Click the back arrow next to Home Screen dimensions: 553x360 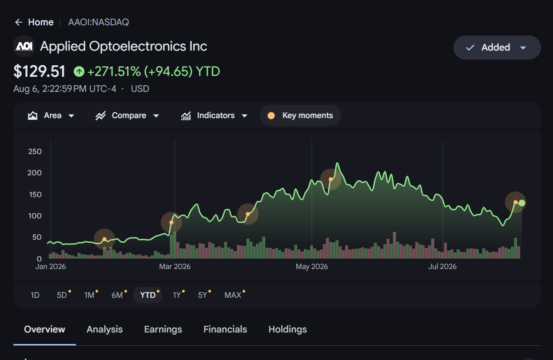pyautogui.click(x=19, y=22)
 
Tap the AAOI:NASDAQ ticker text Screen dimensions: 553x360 pyautogui.click(x=99, y=22)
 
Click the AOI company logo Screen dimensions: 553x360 pyautogui.click(x=24, y=46)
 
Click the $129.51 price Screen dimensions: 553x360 pyautogui.click(x=39, y=71)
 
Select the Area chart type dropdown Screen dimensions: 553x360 pyautogui.click(x=51, y=115)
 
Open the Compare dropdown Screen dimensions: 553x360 pyautogui.click(x=127, y=115)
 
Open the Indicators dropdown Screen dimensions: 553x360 pyautogui.click(x=214, y=115)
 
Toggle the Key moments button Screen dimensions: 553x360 pyautogui.click(x=300, y=115)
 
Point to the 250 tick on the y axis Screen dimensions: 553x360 pyautogui.click(x=35, y=151)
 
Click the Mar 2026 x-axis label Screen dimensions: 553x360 pyautogui.click(x=175, y=266)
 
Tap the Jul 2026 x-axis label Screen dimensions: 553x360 pyautogui.click(x=442, y=266)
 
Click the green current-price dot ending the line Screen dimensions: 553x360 pyautogui.click(x=522, y=203)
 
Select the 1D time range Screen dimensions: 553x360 pyautogui.click(x=35, y=295)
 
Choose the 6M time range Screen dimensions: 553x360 pyautogui.click(x=118, y=295)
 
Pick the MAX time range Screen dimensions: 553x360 pyautogui.click(x=233, y=295)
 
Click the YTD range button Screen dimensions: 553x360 pyautogui.click(x=148, y=295)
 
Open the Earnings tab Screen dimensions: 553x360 pyautogui.click(x=163, y=329)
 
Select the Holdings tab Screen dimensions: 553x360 pyautogui.click(x=288, y=329)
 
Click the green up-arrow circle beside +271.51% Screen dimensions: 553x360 pyautogui.click(x=79, y=71)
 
